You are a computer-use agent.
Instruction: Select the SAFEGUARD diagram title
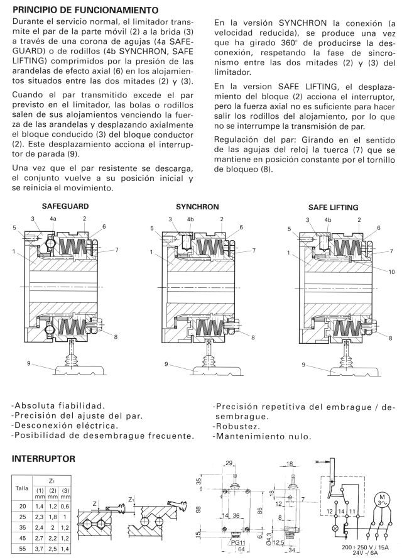[65, 206]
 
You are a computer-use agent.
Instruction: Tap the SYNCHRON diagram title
[197, 206]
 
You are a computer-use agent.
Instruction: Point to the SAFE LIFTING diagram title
[333, 206]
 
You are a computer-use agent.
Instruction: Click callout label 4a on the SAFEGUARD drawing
[53, 219]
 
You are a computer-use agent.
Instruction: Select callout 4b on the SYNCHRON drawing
[191, 219]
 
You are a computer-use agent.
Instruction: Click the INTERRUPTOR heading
[44, 460]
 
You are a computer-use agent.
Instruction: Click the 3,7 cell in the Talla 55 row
[39, 548]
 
